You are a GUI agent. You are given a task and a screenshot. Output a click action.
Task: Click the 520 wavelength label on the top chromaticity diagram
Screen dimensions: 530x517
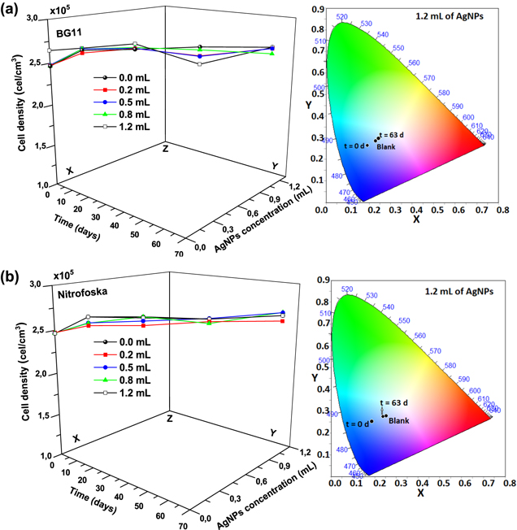point(342,16)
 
